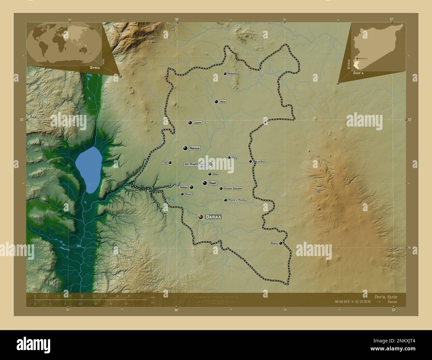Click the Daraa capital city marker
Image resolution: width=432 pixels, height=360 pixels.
click(x=200, y=217)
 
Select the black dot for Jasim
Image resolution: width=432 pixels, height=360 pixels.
click(x=190, y=123)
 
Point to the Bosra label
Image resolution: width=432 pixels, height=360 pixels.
click(x=274, y=243)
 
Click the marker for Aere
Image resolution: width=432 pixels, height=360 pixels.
click(x=216, y=102)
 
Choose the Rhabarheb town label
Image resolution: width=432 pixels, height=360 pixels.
click(x=233, y=74)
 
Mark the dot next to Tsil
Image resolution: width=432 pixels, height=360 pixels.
click(x=170, y=163)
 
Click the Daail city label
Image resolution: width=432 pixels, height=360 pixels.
click(x=212, y=183)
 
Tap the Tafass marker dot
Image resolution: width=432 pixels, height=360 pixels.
click(x=191, y=187)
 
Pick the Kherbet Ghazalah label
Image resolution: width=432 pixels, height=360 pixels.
click(x=233, y=189)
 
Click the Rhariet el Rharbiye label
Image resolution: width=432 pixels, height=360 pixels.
click(x=238, y=200)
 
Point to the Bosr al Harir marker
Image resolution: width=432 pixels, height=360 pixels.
click(x=250, y=161)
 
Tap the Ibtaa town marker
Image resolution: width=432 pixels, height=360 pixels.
click(x=209, y=174)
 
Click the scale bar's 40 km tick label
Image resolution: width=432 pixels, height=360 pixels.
click(x=129, y=296)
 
